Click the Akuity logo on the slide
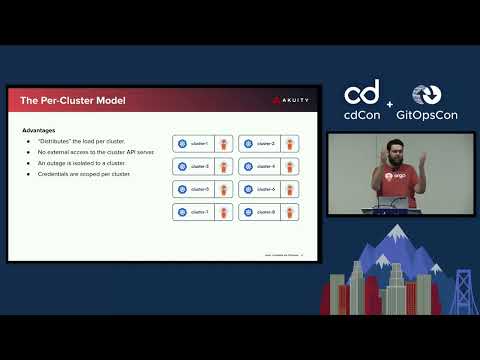coord(289,99)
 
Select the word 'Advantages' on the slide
coord(39,130)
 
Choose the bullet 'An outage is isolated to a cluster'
coord(79,163)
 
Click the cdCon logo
coord(362,101)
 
